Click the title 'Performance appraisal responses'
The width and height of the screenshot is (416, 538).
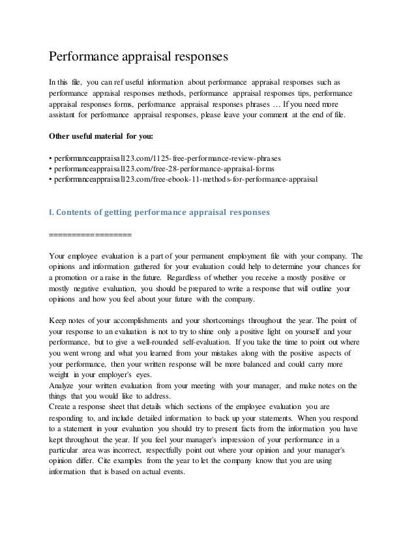coord(139,57)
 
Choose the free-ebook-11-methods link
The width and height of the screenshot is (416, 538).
coord(186,178)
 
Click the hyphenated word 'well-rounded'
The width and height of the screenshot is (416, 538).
coord(151,342)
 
